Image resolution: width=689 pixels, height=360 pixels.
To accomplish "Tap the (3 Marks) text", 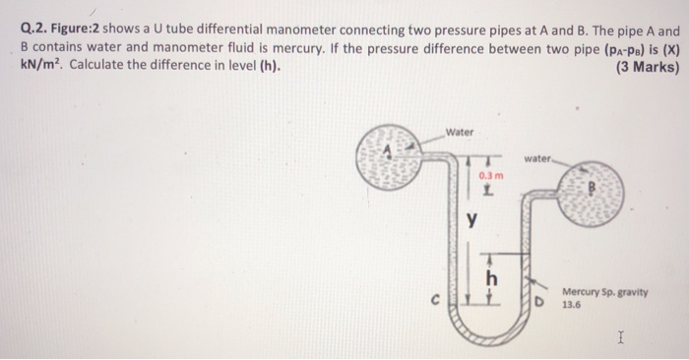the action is (x=644, y=67).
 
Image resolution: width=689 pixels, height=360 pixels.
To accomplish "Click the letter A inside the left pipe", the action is (x=389, y=149).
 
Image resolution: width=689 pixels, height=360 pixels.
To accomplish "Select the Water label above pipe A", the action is (x=460, y=133).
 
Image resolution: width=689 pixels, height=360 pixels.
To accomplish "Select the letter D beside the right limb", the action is (x=539, y=298).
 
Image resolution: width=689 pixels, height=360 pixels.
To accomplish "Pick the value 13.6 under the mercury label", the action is (x=572, y=305).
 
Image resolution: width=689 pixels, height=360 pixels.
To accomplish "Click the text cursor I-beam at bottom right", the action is (x=620, y=337).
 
